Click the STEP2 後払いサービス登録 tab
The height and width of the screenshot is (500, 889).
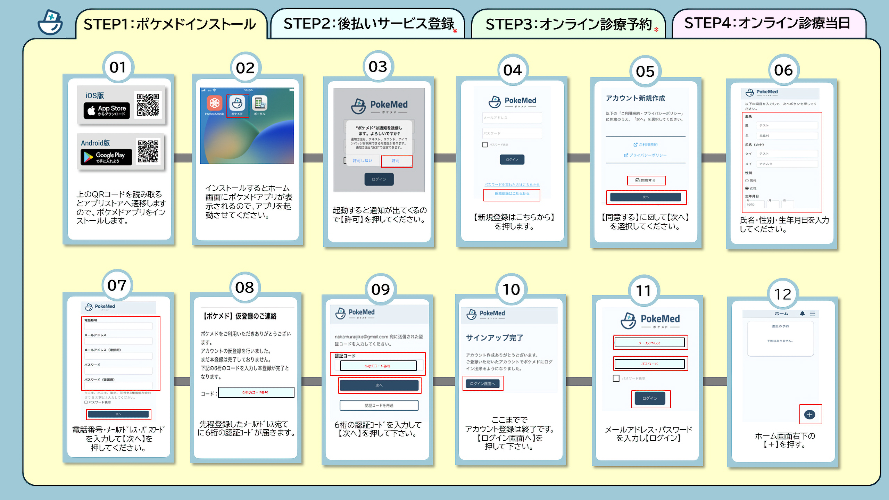[x=368, y=24]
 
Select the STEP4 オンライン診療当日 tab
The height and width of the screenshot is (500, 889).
[x=767, y=23]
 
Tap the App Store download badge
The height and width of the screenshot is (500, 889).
[x=107, y=111]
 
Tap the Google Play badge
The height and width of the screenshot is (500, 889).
[x=106, y=157]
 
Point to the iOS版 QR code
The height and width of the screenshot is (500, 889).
[x=148, y=105]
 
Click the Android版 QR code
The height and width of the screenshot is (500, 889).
[x=148, y=151]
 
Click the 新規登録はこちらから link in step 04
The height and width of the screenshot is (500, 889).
[x=512, y=193]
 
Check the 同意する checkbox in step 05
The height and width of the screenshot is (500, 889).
[x=638, y=181]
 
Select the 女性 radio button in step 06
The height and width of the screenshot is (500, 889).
[x=747, y=188]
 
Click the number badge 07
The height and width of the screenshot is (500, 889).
[x=117, y=285]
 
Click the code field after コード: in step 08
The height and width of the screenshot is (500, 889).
[x=256, y=392]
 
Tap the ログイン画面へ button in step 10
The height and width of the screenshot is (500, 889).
[x=482, y=384]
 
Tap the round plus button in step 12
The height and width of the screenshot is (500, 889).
[x=810, y=415]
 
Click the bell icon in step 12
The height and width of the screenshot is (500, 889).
[x=802, y=314]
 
